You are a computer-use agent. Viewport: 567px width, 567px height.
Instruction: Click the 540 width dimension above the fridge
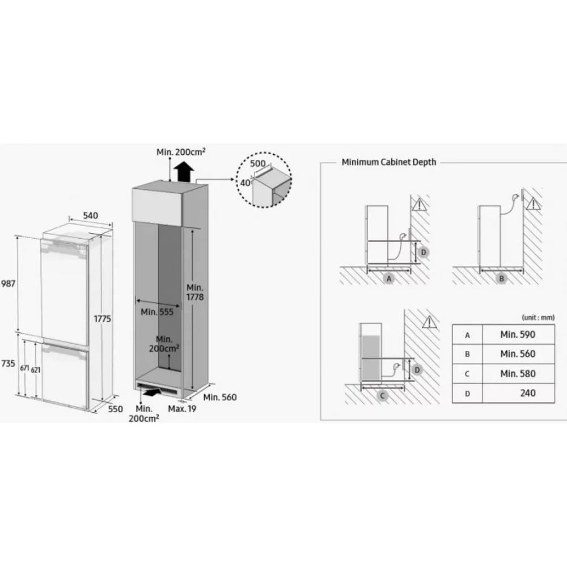tap(90, 215)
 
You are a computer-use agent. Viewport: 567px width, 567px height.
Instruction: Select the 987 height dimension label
tap(8, 283)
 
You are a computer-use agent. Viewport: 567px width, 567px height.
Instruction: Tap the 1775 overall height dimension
tap(102, 319)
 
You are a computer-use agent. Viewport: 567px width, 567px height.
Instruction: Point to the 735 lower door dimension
tap(8, 363)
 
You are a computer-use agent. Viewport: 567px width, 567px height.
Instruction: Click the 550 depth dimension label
tap(115, 409)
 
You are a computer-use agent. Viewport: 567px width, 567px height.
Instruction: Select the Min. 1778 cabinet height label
tap(195, 292)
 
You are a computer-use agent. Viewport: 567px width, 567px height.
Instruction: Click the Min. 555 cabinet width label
tap(157, 312)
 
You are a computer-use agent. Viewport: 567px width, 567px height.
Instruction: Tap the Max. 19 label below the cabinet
tap(182, 409)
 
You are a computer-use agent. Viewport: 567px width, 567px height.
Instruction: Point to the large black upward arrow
tap(184, 172)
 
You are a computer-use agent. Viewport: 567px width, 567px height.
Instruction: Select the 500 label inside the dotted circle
tap(258, 163)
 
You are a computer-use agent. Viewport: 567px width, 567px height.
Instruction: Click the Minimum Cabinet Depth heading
tap(389, 162)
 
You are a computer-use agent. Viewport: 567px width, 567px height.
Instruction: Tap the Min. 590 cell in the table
tap(518, 335)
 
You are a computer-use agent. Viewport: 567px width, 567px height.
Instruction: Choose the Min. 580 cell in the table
tap(518, 374)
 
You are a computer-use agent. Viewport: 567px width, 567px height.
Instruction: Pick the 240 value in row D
tap(527, 393)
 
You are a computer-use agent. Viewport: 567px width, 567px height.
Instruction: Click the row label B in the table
tap(467, 354)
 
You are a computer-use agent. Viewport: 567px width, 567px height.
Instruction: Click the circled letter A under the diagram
tap(389, 278)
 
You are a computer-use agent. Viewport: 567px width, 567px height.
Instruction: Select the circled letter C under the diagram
tap(382, 395)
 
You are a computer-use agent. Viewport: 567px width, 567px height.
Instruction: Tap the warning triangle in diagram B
tap(534, 204)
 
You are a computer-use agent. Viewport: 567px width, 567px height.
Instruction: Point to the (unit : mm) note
tap(538, 318)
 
